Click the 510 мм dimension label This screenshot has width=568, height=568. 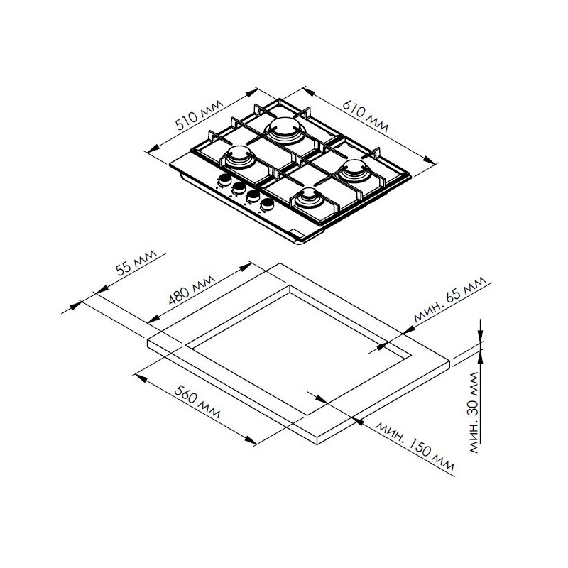pos(199,114)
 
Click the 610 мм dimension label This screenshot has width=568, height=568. pos(366,115)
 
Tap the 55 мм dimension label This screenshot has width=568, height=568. pos(136,262)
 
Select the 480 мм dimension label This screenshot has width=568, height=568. pos(191,290)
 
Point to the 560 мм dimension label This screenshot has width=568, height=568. pos(197,402)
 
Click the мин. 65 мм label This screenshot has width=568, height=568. pos(449,300)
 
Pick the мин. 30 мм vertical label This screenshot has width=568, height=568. pos(474,413)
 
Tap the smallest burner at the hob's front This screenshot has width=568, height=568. pos(307,199)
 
